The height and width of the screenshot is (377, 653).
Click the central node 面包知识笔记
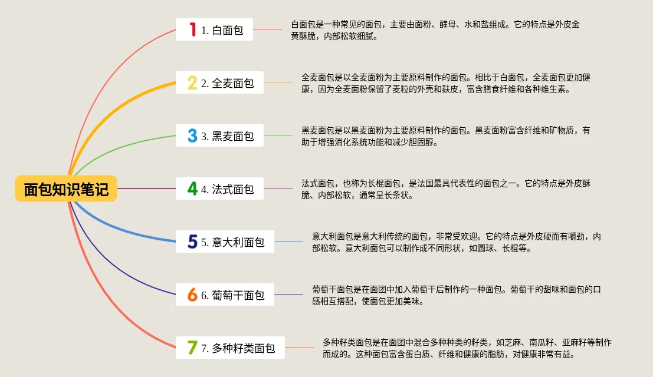[66, 189]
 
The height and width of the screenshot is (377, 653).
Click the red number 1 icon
[192, 29]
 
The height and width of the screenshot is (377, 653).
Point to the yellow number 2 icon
[192, 83]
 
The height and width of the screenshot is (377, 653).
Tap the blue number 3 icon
[192, 136]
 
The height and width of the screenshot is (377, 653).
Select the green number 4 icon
[192, 189]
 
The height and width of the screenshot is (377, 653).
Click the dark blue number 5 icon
[192, 242]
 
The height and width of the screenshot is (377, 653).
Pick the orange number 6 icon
[192, 295]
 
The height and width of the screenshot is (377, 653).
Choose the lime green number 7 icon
[192, 348]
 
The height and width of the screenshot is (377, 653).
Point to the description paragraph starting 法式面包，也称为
[446, 189]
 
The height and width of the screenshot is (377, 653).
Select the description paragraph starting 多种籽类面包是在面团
[467, 348]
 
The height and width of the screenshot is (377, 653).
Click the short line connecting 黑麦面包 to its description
[278, 136]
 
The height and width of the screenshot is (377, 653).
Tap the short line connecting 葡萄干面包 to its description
[288, 295]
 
